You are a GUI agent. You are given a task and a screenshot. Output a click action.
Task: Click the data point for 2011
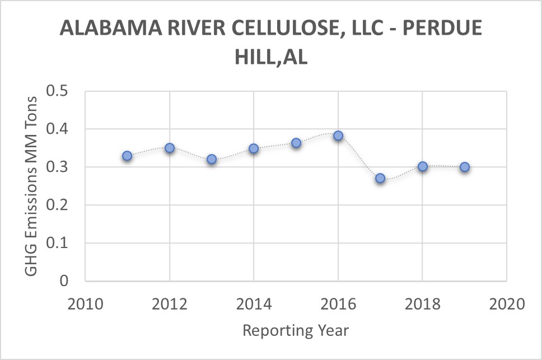pos(127,156)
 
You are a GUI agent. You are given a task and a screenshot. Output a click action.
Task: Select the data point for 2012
pos(170,148)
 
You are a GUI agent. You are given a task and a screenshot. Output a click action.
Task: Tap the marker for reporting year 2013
pos(212,159)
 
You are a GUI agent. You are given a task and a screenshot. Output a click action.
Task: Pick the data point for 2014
pos(254,148)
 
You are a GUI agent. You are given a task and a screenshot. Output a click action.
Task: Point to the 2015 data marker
pos(296,143)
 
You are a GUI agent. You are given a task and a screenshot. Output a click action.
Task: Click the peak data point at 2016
pos(338,135)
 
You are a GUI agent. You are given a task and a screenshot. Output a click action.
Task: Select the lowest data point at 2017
pos(380,178)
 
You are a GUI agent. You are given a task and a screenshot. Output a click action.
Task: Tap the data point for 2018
pos(423,166)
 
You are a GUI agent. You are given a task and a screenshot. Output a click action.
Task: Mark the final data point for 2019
pos(465,167)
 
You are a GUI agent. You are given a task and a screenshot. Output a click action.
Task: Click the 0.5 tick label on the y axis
pos(58,91)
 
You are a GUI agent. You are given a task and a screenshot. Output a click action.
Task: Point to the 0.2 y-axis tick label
pos(58,205)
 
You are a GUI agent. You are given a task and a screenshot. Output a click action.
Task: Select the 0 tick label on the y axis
pos(64,281)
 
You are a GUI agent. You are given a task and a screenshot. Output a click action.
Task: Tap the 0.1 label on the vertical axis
pos(58,243)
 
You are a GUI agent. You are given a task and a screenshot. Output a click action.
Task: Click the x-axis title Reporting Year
pos(295,330)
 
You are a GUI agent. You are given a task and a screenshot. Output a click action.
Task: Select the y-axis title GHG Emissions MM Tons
pos(31,186)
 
